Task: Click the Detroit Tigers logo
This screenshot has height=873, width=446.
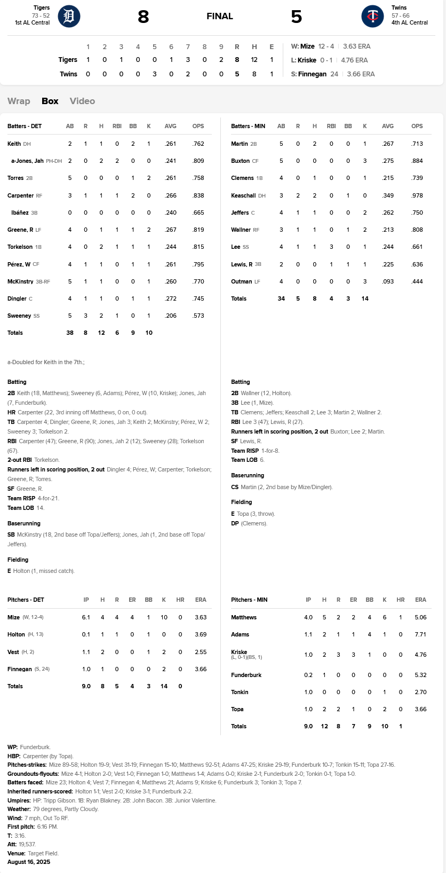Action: coord(69,16)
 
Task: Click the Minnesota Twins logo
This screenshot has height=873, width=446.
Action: coord(372,16)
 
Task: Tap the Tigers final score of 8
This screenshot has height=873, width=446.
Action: coord(143,17)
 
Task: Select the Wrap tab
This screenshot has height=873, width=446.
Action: coord(19,101)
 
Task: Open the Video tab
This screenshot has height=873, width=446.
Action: coord(82,101)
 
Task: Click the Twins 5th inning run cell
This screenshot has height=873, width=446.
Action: coord(155,74)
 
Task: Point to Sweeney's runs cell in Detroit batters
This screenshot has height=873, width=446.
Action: coord(85,316)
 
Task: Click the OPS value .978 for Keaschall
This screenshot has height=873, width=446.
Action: coord(417,195)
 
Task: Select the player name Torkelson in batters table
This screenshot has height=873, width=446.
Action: coord(20,247)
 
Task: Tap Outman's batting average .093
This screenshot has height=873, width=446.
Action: coord(388,281)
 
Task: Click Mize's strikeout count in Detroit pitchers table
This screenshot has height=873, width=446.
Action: coord(164,617)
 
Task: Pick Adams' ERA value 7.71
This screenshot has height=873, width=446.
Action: coord(420,634)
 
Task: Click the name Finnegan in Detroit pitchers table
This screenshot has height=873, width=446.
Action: coord(20,669)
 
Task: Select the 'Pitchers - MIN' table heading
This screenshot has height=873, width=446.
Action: coord(249,600)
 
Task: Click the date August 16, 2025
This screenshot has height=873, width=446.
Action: coord(29,862)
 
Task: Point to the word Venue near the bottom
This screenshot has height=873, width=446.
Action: coord(16,853)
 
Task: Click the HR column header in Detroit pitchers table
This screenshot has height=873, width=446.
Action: coord(180,600)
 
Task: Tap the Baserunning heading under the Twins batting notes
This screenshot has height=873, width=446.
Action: coord(248,475)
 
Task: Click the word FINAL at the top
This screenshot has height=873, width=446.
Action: coord(220,16)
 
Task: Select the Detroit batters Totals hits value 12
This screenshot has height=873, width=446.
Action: coord(101,333)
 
